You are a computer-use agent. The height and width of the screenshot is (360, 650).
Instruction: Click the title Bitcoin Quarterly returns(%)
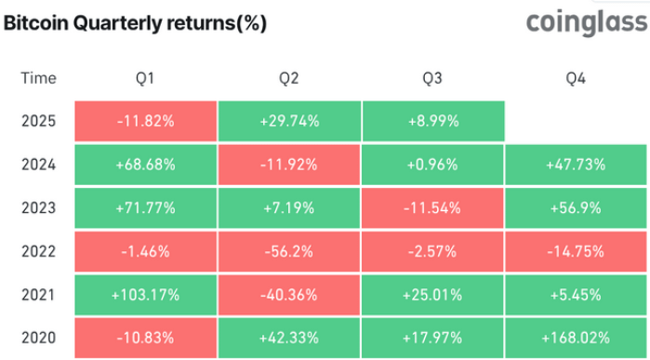(x=135, y=25)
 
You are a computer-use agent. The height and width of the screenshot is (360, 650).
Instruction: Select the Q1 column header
(x=144, y=78)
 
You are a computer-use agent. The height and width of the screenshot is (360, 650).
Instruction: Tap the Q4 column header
(x=576, y=78)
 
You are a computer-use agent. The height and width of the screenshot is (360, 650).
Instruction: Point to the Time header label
(x=37, y=78)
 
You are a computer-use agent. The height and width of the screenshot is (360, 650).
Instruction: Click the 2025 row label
(x=38, y=121)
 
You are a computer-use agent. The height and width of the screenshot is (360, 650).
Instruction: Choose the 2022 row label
(x=38, y=250)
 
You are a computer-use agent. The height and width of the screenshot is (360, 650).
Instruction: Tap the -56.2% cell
(x=288, y=250)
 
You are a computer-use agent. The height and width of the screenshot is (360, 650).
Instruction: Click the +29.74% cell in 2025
(x=288, y=121)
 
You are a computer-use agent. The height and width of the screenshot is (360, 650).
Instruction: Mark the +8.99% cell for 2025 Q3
(x=432, y=121)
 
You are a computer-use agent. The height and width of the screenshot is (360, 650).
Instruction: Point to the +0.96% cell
(x=432, y=165)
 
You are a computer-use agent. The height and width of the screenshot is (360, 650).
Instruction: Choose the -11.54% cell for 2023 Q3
(x=432, y=207)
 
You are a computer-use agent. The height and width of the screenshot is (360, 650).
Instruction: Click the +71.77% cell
(x=144, y=207)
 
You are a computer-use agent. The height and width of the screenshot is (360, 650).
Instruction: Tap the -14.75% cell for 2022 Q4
(x=576, y=250)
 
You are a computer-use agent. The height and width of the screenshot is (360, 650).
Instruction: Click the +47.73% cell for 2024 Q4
(x=576, y=165)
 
